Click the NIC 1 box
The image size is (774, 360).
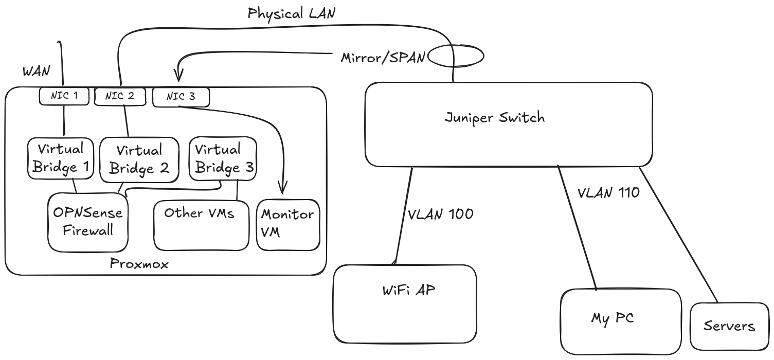[64, 96]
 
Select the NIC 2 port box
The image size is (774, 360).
[120, 96]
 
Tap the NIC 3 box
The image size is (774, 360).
[181, 97]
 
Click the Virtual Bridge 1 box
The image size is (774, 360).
[61, 158]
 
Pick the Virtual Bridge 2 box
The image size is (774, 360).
[139, 160]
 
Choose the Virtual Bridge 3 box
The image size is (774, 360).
[223, 158]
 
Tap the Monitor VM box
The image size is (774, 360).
[288, 224]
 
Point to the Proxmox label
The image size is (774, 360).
[139, 264]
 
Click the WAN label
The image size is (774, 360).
[36, 71]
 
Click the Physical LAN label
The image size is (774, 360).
[291, 13]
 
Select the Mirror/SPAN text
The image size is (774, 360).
[383, 58]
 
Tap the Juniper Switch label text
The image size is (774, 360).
[494, 118]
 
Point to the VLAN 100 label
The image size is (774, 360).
[440, 214]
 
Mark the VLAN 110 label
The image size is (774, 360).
[608, 193]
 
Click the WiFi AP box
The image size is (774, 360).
[405, 303]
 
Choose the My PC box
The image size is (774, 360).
[620, 321]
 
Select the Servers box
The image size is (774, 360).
[729, 326]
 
